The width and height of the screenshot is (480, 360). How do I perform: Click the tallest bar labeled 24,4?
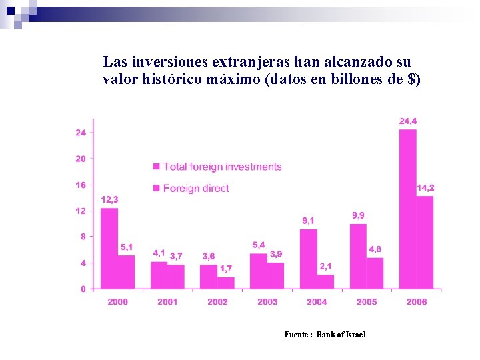pos(407,209)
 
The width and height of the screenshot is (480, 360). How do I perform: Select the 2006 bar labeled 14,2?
pos(425,242)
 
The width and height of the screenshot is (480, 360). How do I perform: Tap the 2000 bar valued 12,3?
pos(109,248)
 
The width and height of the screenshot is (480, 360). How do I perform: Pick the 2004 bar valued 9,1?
pos(308,259)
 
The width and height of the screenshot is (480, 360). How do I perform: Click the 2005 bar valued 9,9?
pos(358,256)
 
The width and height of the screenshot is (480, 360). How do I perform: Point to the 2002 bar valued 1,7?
pos(226,283)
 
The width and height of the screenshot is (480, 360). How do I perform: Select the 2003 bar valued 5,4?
pos(258,271)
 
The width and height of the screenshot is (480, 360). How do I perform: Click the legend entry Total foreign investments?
pos(222,167)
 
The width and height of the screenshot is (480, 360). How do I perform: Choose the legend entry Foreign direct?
pos(195,188)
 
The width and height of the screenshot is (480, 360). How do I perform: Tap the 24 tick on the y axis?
pos(80,133)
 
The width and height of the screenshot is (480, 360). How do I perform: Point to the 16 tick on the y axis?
pos(80,185)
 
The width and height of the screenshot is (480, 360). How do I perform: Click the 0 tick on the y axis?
pos(83,289)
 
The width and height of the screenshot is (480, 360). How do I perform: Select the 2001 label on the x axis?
pos(167,302)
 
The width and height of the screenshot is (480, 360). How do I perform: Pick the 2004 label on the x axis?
pos(317,302)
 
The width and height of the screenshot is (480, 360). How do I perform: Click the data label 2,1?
pos(325,267)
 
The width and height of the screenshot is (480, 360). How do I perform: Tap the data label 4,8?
pos(375,249)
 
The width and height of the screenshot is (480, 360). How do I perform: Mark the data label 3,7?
pos(176,256)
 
